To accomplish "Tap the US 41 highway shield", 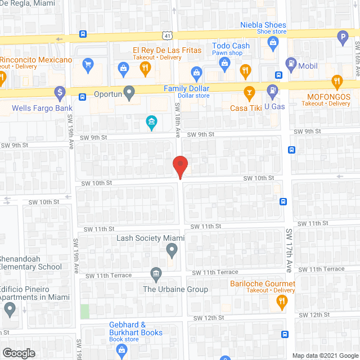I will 168,35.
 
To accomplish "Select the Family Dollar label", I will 186,89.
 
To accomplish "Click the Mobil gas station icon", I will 291,63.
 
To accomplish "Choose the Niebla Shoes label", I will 263,25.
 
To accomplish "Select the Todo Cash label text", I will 231,46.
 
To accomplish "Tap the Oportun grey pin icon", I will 129,91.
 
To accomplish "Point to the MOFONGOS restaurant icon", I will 337,81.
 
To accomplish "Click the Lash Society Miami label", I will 150,238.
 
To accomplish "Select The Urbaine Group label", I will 175,289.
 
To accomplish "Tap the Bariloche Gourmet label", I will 262,283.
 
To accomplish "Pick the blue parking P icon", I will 342,38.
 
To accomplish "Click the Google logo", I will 19,353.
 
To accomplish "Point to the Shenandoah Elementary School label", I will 31,263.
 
